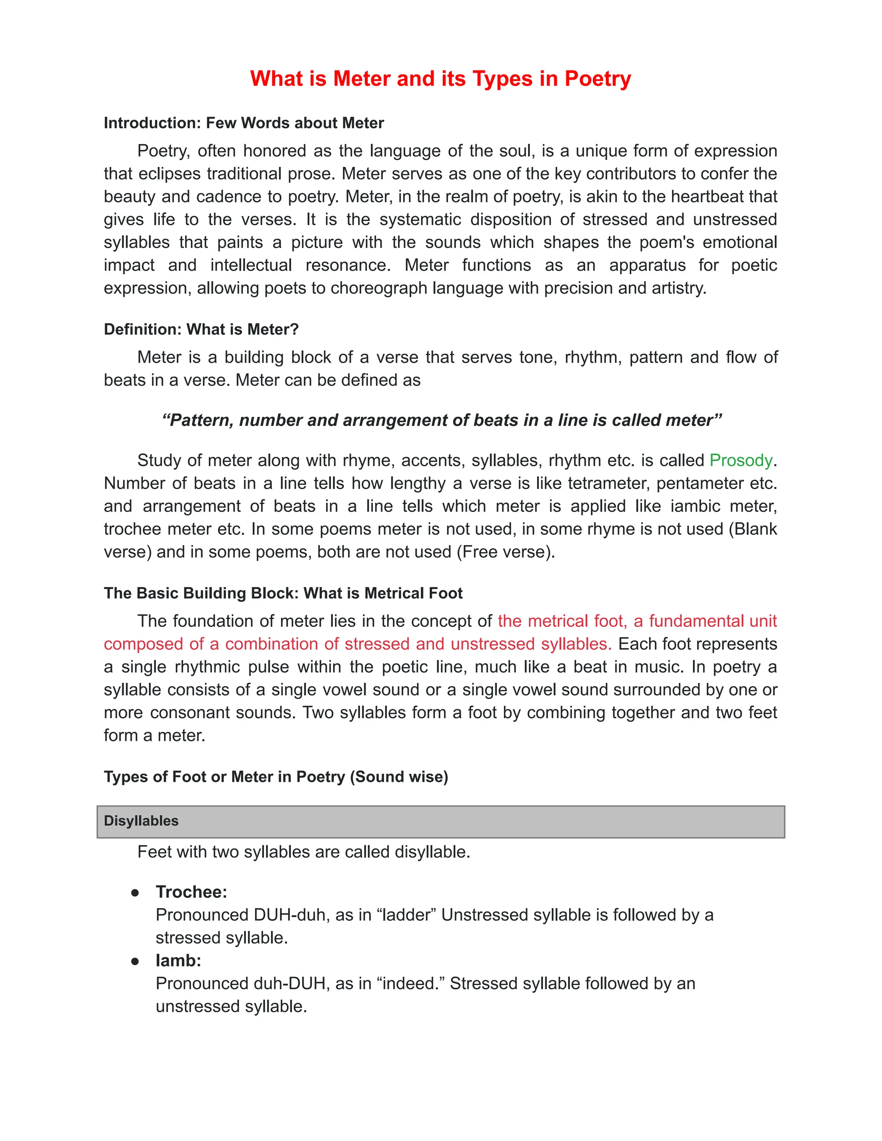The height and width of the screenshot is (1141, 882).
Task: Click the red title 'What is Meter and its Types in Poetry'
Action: click(x=441, y=79)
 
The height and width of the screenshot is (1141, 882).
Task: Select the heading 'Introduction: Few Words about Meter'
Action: click(x=243, y=123)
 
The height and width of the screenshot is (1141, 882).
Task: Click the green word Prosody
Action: click(x=740, y=460)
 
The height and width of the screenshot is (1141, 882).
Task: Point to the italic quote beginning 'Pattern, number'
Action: click(x=441, y=420)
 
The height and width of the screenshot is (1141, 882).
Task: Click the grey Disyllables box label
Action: click(x=141, y=821)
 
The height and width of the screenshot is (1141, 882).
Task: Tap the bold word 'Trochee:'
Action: click(x=191, y=892)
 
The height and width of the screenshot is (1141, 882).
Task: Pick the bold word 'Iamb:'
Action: click(x=178, y=960)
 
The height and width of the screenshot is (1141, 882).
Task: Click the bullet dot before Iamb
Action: click(x=135, y=961)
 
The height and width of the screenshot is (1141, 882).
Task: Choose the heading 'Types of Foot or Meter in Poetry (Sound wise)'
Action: click(x=276, y=776)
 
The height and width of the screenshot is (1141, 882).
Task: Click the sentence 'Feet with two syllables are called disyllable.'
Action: click(x=304, y=852)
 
